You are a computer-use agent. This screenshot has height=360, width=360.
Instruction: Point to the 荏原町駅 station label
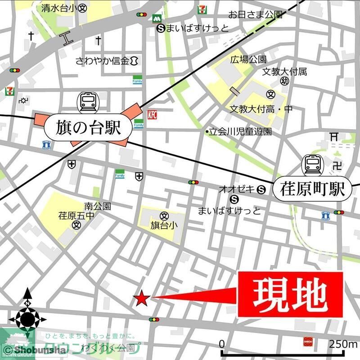pos(311,189)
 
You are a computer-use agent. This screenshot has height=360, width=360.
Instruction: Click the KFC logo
pos(152,115)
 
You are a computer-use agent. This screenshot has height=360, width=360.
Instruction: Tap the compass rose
pos(27,318)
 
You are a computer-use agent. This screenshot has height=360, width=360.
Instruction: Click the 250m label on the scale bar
pos(342,344)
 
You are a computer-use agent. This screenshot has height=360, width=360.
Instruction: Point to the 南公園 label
pos(97,207)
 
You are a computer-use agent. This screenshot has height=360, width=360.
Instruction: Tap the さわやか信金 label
pos(103,60)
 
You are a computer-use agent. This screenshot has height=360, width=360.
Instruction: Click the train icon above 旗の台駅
pos(88,102)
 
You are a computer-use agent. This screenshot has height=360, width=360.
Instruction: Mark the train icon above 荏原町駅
pos(311,164)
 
